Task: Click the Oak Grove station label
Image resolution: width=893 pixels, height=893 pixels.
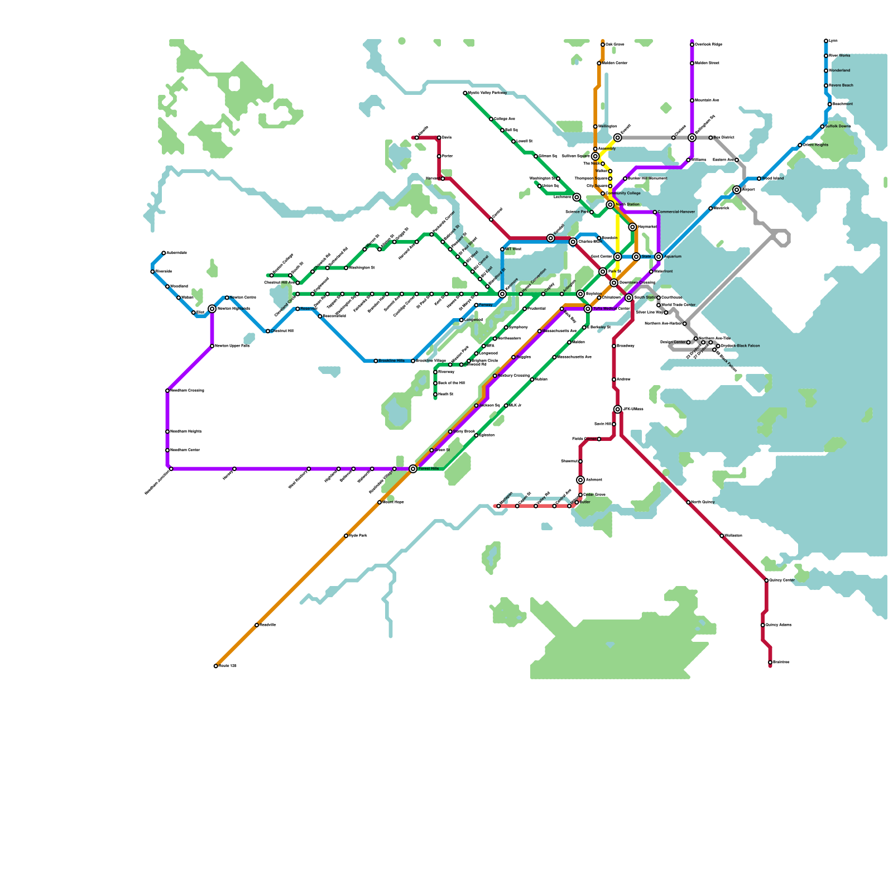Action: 615,44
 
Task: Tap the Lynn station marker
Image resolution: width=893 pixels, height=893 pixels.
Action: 826,41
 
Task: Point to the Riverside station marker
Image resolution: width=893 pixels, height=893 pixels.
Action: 152,272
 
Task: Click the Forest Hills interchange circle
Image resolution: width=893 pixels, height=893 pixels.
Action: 413,469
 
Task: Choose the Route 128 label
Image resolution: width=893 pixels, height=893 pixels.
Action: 228,666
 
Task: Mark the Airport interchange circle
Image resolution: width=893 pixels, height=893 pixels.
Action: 737,190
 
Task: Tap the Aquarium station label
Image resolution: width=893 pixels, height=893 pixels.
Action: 673,257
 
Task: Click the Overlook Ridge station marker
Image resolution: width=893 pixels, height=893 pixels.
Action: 692,45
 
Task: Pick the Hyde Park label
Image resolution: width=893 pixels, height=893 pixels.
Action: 358,536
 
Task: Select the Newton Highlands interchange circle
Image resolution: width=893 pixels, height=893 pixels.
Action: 212,309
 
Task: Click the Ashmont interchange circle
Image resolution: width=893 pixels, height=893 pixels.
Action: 580,480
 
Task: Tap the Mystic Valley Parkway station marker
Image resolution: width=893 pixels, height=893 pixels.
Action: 465,93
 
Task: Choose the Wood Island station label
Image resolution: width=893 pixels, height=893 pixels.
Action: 773,179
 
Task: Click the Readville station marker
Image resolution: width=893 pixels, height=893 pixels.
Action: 257,625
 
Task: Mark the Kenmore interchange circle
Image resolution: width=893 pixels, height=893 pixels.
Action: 502,294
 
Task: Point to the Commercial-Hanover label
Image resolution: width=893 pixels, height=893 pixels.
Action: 676,212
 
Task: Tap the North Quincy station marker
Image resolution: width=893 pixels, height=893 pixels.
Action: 688,502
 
